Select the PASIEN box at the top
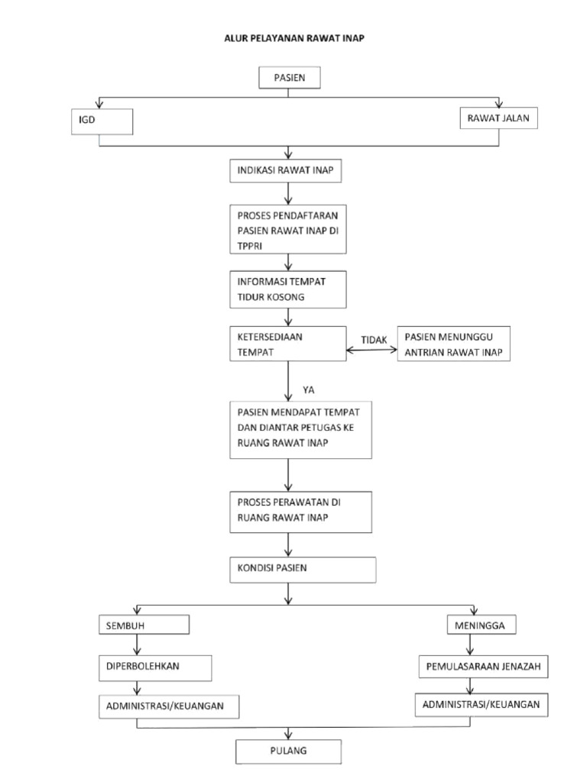(x=288, y=78)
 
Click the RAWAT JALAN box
(x=498, y=118)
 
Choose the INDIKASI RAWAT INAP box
(x=285, y=171)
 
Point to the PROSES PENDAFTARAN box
(x=288, y=228)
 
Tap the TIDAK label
(x=374, y=340)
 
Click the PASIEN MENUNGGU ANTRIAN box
(x=454, y=344)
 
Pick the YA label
(x=309, y=390)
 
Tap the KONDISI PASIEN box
(x=303, y=570)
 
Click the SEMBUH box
(x=143, y=625)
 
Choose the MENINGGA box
(x=481, y=625)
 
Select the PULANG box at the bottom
(x=287, y=751)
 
